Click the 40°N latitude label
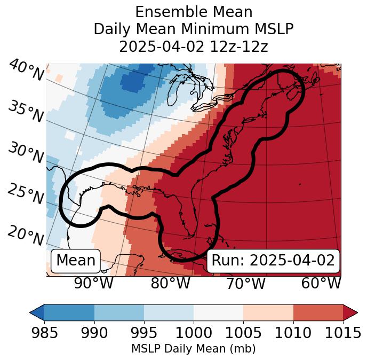pyautogui.click(x=26, y=71)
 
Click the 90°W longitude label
pyautogui.click(x=93, y=283)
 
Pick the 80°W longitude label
pyautogui.click(x=170, y=283)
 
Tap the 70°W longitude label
pyautogui.click(x=246, y=283)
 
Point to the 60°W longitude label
pyautogui.click(x=321, y=283)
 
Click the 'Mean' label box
pyautogui.click(x=76, y=261)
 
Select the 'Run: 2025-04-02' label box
pyautogui.click(x=273, y=261)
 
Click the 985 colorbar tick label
pyautogui.click(x=44, y=333)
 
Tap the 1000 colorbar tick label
pyautogui.click(x=193, y=333)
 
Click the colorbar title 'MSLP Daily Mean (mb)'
pyautogui.click(x=193, y=349)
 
